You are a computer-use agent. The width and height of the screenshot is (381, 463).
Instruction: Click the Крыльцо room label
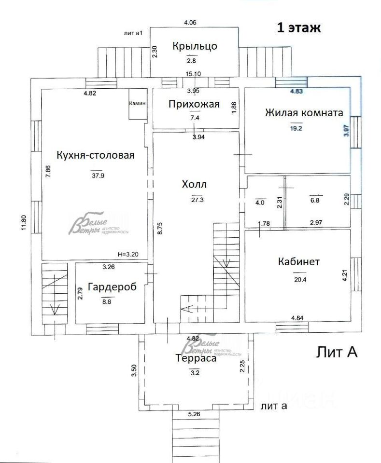(195, 46)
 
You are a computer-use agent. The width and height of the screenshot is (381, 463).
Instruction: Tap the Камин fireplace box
(137, 103)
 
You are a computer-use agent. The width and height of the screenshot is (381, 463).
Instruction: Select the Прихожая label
(194, 104)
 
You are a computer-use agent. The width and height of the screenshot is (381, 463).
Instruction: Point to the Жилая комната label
(304, 113)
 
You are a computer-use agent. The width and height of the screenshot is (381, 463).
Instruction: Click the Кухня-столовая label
(95, 155)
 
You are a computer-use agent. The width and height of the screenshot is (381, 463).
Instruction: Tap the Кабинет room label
(299, 262)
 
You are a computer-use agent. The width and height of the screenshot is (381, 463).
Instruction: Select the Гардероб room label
(111, 287)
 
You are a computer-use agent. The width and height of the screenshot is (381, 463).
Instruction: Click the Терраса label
(196, 359)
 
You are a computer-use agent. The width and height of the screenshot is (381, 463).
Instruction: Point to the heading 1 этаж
(298, 28)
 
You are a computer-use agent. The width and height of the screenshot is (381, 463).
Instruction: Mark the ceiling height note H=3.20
(127, 253)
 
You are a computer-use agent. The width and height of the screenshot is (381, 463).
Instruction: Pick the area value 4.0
(260, 203)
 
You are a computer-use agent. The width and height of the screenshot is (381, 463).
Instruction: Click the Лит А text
(337, 352)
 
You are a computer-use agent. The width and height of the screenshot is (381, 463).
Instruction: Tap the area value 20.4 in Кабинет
(299, 278)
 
